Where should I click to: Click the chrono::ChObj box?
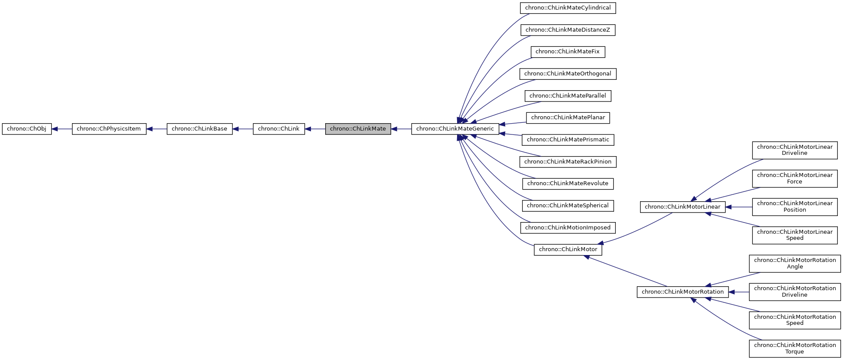26,129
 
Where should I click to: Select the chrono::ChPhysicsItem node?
109,129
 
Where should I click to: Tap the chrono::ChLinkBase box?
199,129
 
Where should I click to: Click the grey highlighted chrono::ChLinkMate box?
358,129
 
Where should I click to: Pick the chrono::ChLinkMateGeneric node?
455,129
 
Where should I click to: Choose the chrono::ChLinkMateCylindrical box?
568,8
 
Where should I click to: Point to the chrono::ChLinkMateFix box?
568,52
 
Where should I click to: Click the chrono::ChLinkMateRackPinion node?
568,162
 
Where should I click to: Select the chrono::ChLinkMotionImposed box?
568,228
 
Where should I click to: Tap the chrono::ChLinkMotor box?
568,249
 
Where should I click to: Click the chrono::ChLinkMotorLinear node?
683,207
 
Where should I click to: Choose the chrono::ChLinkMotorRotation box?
683,292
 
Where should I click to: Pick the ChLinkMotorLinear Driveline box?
794,150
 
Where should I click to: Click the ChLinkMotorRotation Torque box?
794,348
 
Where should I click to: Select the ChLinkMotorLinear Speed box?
794,235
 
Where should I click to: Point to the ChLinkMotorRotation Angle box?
794,263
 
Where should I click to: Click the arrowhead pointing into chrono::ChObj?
55,129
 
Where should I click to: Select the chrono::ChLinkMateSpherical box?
568,206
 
